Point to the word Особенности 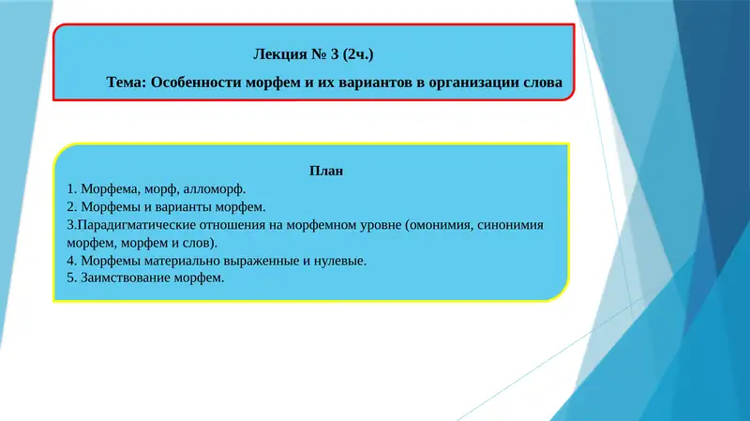(198, 83)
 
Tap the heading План (325, 171)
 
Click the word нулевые (338, 261)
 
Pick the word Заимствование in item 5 (126, 278)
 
